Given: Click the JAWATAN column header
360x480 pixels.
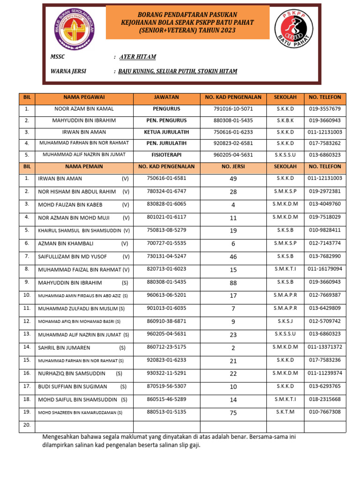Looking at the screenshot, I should click(166, 97).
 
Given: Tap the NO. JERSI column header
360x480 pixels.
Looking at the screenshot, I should click(233, 166).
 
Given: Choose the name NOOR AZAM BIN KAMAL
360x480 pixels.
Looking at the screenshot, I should click(84, 109).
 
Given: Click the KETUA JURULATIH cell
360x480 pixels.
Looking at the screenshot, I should click(166, 132).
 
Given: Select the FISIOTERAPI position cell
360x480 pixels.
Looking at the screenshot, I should click(166, 154).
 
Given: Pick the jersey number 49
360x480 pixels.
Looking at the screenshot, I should click(233, 179).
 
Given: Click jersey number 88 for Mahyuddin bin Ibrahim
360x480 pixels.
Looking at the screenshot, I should click(233, 283).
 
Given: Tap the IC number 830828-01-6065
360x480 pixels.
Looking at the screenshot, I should click(166, 204).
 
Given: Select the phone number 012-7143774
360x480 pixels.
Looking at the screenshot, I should click(325, 243).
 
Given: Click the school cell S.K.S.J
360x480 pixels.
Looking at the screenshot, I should click(285, 321).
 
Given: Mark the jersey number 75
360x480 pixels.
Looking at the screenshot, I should click(233, 413).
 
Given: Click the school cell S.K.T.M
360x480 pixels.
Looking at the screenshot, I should click(285, 412).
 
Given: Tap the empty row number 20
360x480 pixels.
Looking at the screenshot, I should click(27, 425).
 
